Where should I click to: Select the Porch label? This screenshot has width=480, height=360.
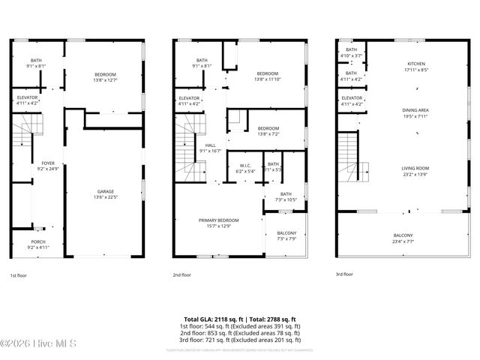[37, 223]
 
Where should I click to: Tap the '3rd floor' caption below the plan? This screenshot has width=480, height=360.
[343, 275]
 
